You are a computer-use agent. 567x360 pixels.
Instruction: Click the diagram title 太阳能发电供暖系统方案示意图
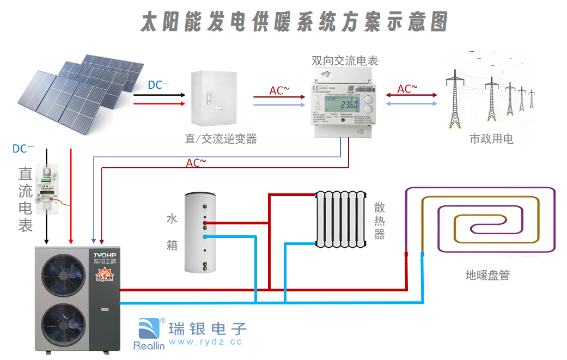(x=294, y=22)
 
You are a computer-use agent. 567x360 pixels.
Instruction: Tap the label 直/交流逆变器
(x=220, y=139)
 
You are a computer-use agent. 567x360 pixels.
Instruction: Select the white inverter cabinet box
(x=214, y=99)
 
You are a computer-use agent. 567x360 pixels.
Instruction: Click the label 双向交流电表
(x=345, y=60)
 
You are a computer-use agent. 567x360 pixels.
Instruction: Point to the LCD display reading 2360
(x=345, y=104)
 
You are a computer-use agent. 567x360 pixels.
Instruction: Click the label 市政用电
(x=491, y=139)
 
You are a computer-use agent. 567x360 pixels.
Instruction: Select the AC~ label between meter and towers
(x=407, y=88)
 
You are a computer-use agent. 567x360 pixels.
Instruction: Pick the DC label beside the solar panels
(x=158, y=85)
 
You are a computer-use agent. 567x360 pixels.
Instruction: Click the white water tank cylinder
(x=204, y=232)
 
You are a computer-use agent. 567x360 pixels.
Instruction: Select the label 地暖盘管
(x=487, y=275)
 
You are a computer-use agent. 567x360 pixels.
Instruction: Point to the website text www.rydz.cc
(x=205, y=342)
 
